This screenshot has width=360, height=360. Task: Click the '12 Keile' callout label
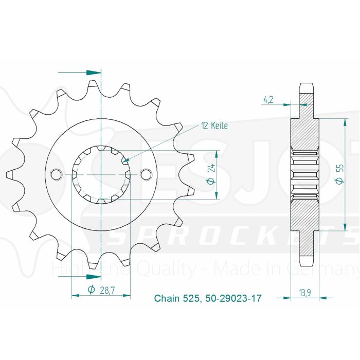214,125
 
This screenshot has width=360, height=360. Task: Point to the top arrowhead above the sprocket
93,73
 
